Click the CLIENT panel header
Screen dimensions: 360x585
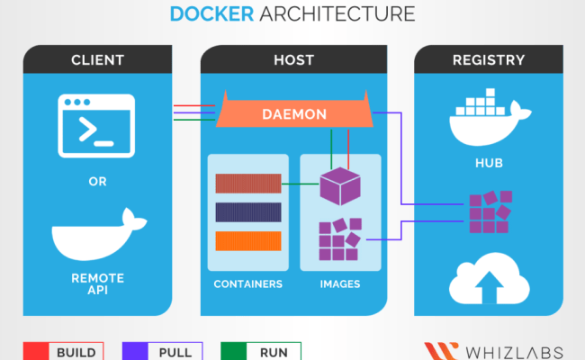click(x=97, y=60)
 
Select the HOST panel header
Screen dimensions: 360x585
click(x=292, y=60)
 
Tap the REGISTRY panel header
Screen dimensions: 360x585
click(x=489, y=60)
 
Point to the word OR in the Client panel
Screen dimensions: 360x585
click(x=97, y=182)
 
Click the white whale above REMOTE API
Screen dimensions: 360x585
click(x=97, y=236)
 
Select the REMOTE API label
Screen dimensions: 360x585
click(x=97, y=284)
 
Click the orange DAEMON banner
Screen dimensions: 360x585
click(x=293, y=114)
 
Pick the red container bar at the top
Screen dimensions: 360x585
click(x=247, y=184)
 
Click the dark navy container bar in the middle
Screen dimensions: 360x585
click(x=247, y=212)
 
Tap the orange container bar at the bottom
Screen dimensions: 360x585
click(x=247, y=241)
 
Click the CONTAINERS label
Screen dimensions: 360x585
click(x=248, y=284)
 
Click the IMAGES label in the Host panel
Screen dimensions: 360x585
click(x=340, y=284)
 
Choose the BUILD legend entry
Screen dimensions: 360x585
click(x=63, y=351)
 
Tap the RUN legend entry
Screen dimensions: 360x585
click(x=260, y=351)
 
